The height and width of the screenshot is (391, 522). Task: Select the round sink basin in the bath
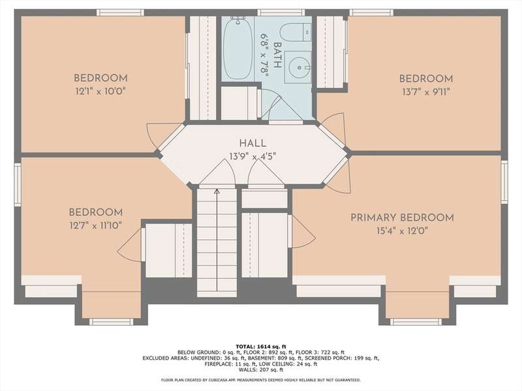[x=299, y=67]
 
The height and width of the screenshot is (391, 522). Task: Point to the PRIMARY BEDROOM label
[x=402, y=218]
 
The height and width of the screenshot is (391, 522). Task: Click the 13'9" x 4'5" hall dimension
[x=253, y=156]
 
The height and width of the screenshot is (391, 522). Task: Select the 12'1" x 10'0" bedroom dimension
[x=100, y=91]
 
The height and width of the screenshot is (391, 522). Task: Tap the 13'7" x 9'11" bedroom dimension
[x=426, y=92]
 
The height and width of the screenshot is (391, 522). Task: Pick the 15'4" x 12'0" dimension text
[x=402, y=231]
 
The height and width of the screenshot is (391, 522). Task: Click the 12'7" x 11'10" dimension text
[x=95, y=225]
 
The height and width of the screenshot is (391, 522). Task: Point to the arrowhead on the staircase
[x=217, y=191]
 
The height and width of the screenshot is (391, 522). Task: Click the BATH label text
[x=277, y=55]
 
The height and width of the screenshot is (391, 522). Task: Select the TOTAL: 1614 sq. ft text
[x=261, y=347]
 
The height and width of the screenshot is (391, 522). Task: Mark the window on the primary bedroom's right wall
[x=504, y=182]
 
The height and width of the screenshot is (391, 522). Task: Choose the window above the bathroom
[x=281, y=12]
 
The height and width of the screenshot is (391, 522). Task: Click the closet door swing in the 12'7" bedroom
[x=130, y=244]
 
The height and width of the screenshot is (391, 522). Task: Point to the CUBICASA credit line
[x=260, y=380]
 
